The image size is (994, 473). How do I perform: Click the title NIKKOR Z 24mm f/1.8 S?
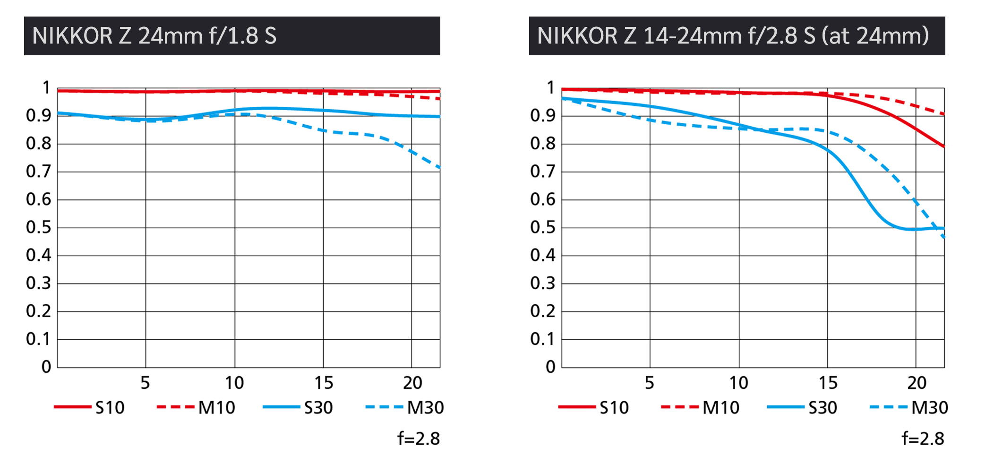tap(154, 36)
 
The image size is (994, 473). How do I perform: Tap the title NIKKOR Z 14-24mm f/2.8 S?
tap(733, 36)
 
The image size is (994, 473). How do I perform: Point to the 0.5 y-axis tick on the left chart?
tap(38, 227)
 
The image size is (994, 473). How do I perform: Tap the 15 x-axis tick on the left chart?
tap(324, 383)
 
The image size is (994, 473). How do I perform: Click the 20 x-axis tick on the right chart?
tap(917, 383)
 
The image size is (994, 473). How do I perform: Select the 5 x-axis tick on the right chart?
tap(650, 383)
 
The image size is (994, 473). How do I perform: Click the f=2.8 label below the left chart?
tap(419, 439)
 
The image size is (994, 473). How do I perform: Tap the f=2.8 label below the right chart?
tap(923, 439)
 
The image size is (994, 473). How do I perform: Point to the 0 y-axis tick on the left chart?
tap(46, 367)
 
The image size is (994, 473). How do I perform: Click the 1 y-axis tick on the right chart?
tap(550, 87)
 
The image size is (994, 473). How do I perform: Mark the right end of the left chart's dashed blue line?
tap(439, 167)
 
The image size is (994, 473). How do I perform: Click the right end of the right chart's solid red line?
tap(943, 146)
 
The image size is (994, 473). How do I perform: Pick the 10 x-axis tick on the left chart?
tap(234, 383)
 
